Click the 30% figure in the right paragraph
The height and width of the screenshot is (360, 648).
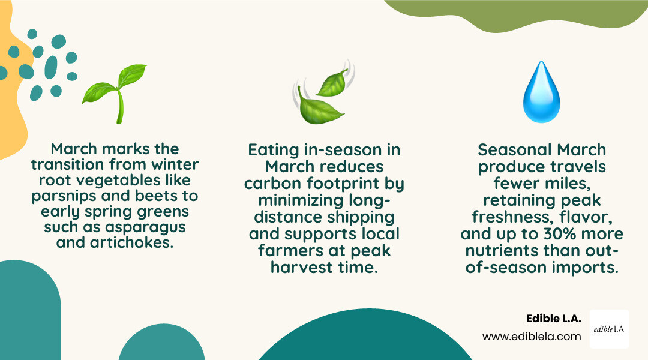tap(555, 234)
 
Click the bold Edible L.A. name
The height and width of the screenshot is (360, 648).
tap(553, 319)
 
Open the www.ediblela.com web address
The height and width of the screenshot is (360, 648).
tap(532, 337)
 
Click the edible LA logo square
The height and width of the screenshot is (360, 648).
tap(609, 329)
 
